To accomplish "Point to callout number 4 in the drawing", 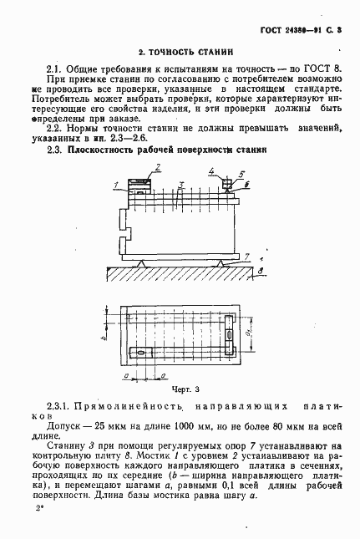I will pos(212,173).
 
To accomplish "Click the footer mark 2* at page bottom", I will pos(39,507).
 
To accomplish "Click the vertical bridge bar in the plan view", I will pos(230,338).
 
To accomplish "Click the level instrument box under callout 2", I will pos(140,183).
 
